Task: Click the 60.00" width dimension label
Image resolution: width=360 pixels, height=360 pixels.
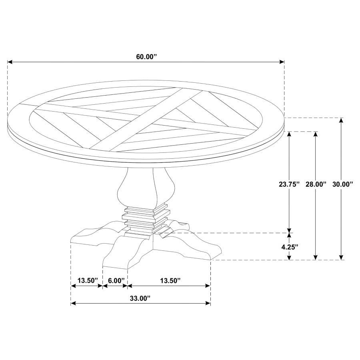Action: click(146, 57)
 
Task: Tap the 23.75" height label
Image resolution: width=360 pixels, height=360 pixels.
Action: click(289, 184)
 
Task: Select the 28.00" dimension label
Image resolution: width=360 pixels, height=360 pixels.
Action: click(316, 184)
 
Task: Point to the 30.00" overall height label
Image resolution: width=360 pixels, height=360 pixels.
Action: click(342, 184)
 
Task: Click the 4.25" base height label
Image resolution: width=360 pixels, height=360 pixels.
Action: click(289, 247)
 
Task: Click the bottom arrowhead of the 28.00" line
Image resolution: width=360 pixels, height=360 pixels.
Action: click(316, 257)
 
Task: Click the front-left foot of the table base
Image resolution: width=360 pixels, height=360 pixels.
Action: click(120, 254)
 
